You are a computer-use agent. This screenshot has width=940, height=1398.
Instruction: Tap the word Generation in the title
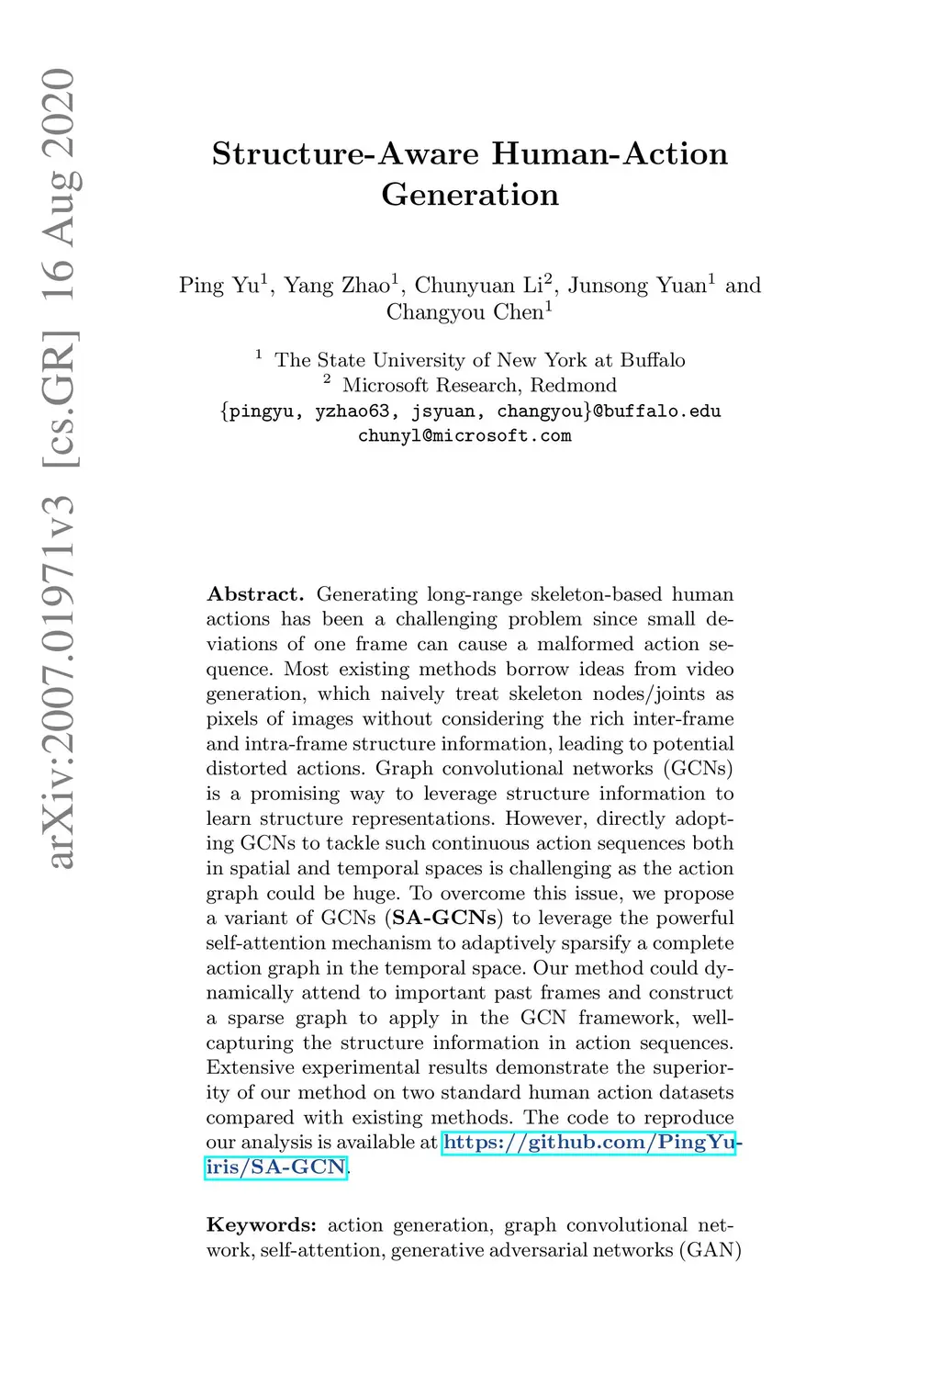tap(470, 195)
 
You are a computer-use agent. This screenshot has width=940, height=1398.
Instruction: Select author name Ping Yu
tap(220, 286)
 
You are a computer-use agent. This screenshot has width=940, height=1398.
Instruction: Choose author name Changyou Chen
tap(465, 312)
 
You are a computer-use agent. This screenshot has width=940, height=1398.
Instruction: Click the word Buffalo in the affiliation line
tap(652, 360)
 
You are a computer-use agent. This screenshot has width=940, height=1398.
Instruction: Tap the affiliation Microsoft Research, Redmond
tap(479, 386)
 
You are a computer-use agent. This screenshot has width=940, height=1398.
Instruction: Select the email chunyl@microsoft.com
tap(464, 435)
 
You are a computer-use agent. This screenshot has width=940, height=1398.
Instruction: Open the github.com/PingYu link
tap(588, 1144)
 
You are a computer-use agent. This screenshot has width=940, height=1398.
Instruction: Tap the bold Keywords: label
tap(262, 1225)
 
